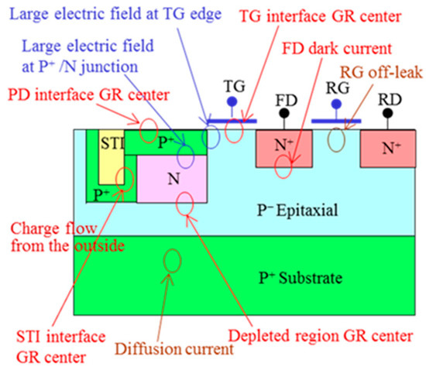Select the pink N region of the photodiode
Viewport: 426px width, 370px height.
171,178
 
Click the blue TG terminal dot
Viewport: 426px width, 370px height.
228,102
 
